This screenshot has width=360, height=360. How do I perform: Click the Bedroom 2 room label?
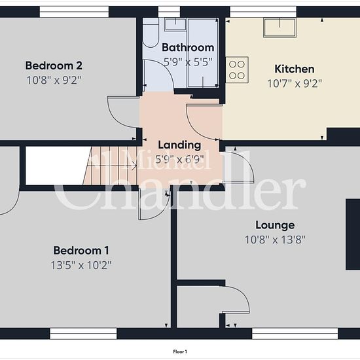(x=54, y=65)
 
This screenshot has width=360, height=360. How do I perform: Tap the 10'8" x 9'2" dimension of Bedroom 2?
(x=54, y=81)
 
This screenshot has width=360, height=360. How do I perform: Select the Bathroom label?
(x=188, y=48)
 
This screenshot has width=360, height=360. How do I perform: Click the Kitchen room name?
(x=295, y=69)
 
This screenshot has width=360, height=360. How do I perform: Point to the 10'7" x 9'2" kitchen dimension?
(x=295, y=84)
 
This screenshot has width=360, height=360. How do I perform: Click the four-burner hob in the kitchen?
(x=237, y=70)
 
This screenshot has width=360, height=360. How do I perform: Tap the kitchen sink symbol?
(x=280, y=27)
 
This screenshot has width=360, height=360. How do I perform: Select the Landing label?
(x=179, y=145)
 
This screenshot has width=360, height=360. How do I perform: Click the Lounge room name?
(x=275, y=225)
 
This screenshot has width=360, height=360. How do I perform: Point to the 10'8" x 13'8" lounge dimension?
(x=276, y=240)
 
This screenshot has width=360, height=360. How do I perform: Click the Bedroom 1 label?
(x=81, y=250)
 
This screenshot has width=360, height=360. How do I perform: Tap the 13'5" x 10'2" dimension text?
(x=81, y=265)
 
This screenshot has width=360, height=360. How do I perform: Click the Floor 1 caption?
(x=180, y=351)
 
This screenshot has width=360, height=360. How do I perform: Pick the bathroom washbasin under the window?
(x=175, y=25)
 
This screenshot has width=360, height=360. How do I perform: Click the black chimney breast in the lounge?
(x=353, y=234)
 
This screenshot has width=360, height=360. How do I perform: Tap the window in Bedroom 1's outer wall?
(x=83, y=334)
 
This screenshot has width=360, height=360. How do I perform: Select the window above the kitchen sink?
(x=263, y=12)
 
